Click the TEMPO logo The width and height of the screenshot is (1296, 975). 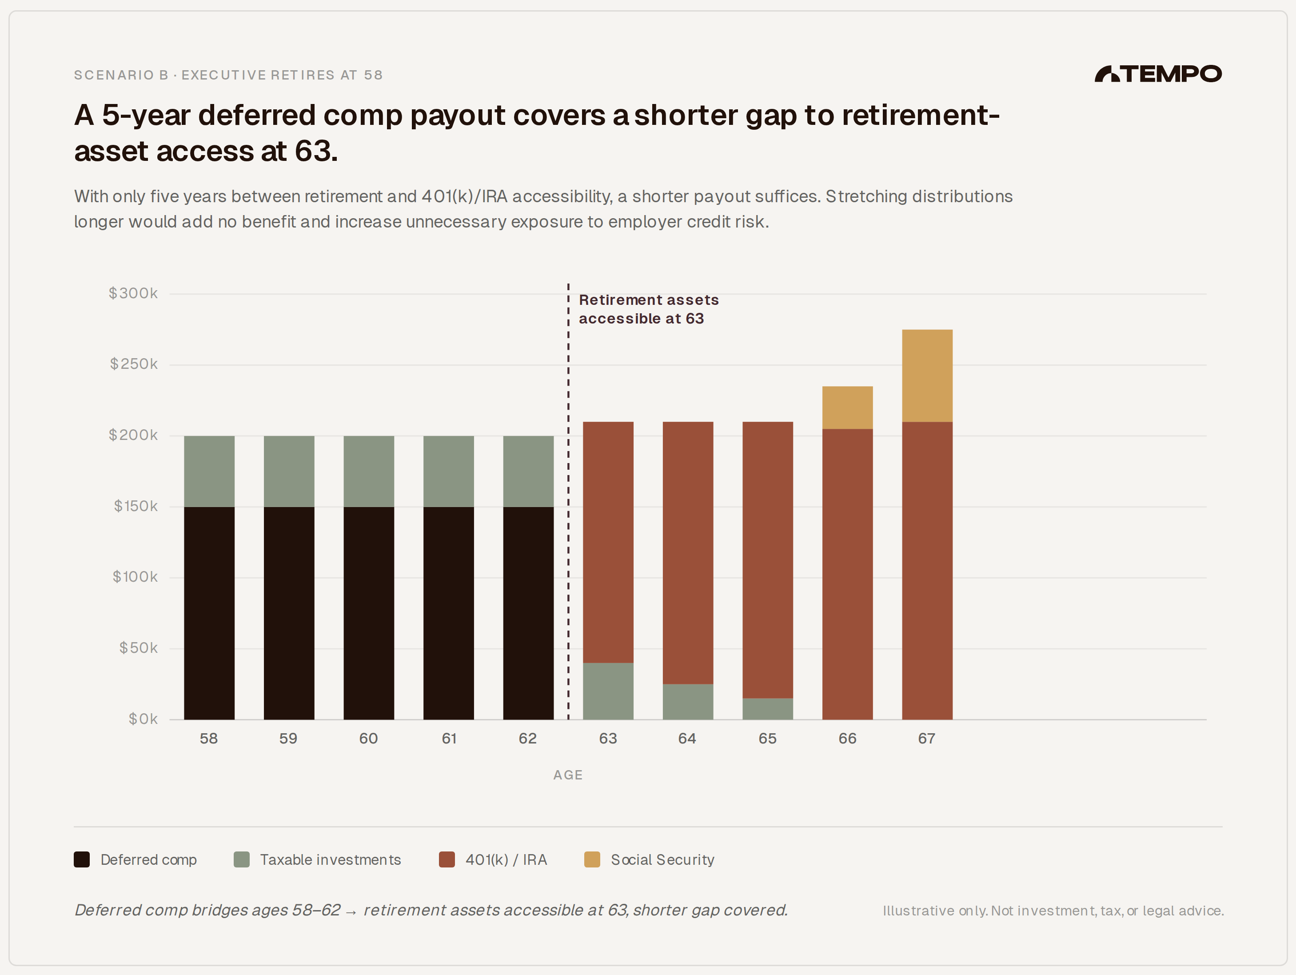(1158, 74)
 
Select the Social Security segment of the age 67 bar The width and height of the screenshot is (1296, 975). (927, 375)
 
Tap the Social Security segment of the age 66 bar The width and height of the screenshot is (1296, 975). (847, 407)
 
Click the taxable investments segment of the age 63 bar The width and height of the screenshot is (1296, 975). (608, 691)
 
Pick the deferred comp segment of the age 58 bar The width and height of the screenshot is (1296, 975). (209, 612)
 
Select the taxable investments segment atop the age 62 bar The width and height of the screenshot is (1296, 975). (528, 471)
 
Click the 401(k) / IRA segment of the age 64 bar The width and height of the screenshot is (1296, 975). (688, 552)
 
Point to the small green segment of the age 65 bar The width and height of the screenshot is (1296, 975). (768, 708)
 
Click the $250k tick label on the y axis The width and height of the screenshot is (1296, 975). (134, 364)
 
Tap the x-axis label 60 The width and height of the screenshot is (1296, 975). (368, 738)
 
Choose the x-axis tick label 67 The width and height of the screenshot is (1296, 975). (927, 738)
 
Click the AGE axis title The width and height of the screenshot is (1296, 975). (568, 775)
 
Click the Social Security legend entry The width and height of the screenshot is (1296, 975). (662, 859)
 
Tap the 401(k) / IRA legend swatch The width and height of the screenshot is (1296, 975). (447, 859)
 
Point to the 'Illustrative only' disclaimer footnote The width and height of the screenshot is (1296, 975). (1053, 911)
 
